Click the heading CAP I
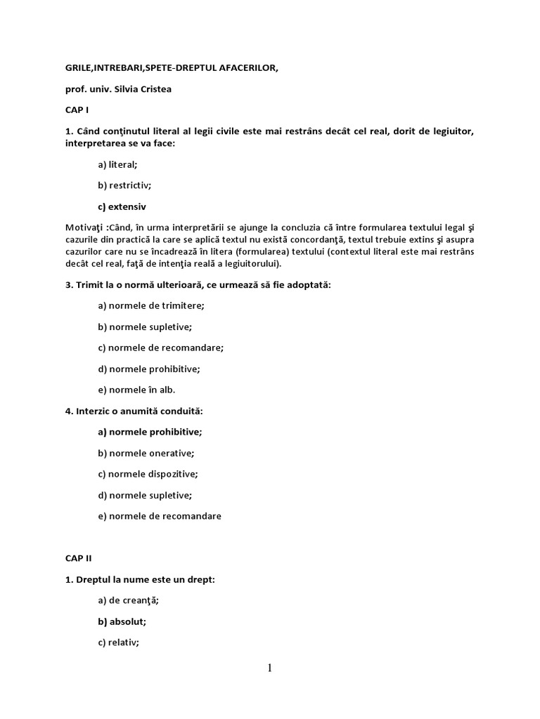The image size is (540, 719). (77, 110)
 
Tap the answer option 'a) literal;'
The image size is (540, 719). (117, 164)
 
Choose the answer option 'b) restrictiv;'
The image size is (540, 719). (124, 185)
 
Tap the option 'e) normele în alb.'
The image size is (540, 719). (137, 390)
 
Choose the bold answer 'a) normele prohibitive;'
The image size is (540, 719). (150, 432)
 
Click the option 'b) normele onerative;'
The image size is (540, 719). (146, 453)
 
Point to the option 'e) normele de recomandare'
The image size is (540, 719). (160, 516)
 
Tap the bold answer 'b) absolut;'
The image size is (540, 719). (122, 621)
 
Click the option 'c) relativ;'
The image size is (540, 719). (119, 642)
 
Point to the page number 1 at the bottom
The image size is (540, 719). (269, 668)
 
